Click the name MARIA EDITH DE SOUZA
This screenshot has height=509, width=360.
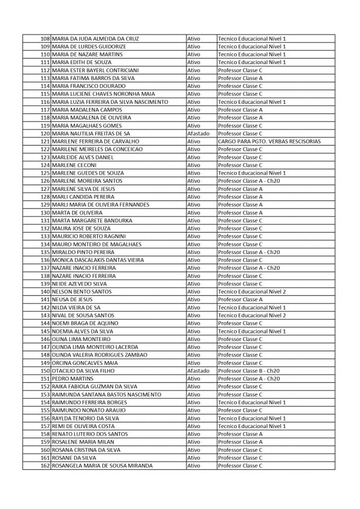81,62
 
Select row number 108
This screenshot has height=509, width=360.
45,39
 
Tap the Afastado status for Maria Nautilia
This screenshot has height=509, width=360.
198,133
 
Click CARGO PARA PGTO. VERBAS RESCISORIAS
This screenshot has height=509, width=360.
269,141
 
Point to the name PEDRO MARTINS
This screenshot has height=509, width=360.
72,379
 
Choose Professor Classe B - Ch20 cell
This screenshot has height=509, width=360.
249,371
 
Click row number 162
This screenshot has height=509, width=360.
45,466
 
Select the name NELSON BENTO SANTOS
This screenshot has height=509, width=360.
81,292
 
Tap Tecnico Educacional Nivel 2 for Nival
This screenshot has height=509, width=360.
252,315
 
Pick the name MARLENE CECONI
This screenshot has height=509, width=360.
74,165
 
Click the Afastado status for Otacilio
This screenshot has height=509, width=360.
198,371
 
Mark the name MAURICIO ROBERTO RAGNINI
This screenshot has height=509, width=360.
88,236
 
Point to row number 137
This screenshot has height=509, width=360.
45,268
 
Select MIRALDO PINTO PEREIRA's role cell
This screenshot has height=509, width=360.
249,252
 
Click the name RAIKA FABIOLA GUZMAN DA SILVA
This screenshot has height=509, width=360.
94,386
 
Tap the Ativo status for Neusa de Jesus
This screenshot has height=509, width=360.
193,299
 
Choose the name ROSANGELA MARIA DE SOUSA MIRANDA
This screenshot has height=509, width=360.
102,466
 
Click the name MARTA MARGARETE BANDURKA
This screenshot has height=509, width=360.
92,220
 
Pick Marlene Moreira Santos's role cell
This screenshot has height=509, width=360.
249,181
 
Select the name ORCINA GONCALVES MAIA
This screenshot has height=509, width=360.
84,363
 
